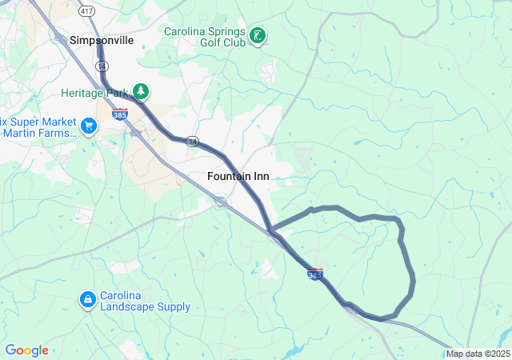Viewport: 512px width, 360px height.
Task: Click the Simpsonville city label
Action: coord(102,39)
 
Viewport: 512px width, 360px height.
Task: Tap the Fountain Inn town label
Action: coord(238,176)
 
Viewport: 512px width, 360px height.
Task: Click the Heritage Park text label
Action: coord(95,92)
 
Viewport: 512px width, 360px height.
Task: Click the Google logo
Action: coord(26,350)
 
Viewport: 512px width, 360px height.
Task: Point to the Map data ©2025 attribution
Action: coord(477,354)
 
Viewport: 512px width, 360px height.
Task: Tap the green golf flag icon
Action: coord(258,36)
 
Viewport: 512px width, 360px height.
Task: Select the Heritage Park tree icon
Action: coord(142,91)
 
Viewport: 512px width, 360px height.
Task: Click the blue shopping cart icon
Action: coord(89,126)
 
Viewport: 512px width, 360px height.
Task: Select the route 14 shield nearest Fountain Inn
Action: coord(192,141)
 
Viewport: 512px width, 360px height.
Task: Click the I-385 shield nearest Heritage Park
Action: coord(120,114)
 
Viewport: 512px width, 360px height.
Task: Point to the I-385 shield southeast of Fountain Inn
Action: coord(315,274)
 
